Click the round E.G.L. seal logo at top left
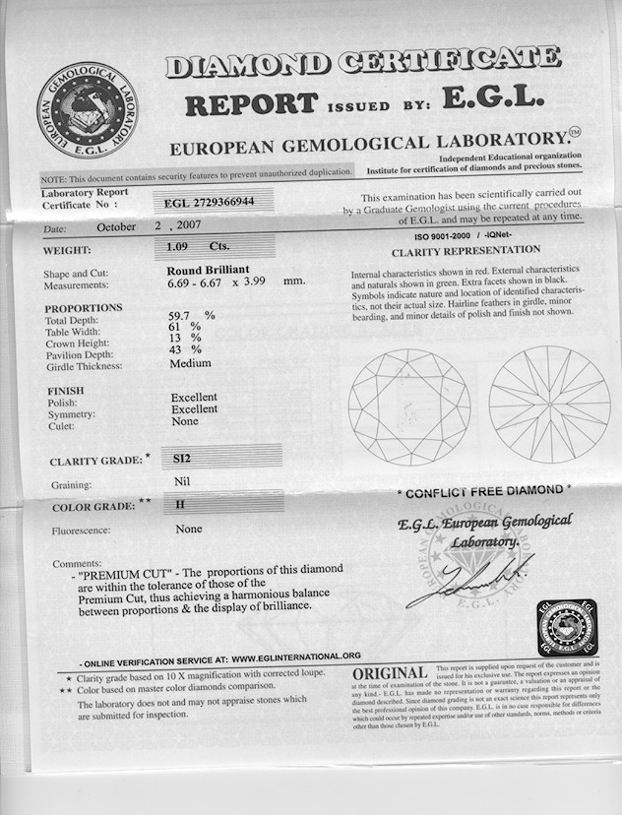(x=87, y=108)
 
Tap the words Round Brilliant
(x=209, y=270)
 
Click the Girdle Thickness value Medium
(x=190, y=362)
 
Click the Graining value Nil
(x=181, y=483)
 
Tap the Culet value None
(x=184, y=421)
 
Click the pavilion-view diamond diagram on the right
(x=549, y=405)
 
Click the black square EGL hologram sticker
(x=568, y=627)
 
